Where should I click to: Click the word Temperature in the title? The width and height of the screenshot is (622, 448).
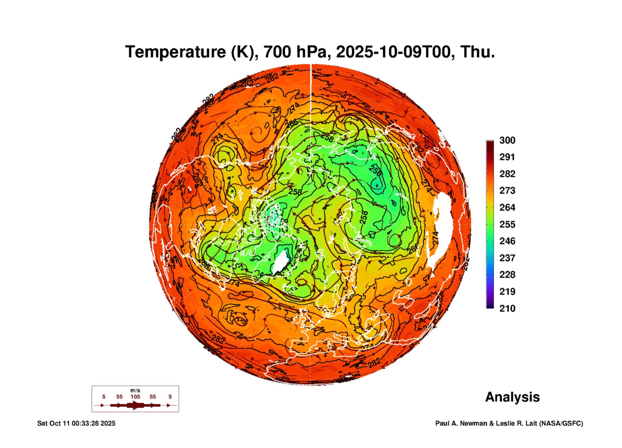(176, 52)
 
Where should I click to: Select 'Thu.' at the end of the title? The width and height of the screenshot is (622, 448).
(477, 52)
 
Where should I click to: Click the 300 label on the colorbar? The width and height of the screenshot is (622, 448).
(507, 140)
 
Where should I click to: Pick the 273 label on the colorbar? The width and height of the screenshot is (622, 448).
(507, 191)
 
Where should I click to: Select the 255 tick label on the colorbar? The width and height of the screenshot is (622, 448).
(507, 224)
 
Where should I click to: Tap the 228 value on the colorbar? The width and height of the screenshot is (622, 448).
(507, 275)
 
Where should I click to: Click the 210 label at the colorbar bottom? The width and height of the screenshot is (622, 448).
(507, 309)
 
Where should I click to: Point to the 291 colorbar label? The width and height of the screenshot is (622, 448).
(507, 157)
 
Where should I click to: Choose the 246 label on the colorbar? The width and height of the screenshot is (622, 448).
(507, 241)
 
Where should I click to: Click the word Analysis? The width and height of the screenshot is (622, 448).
(512, 397)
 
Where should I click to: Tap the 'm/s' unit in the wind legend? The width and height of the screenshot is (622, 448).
(135, 391)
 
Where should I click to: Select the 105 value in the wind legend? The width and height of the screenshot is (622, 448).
(135, 397)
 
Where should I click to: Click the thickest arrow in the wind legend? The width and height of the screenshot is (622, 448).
(135, 406)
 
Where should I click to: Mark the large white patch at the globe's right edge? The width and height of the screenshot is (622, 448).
(441, 227)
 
